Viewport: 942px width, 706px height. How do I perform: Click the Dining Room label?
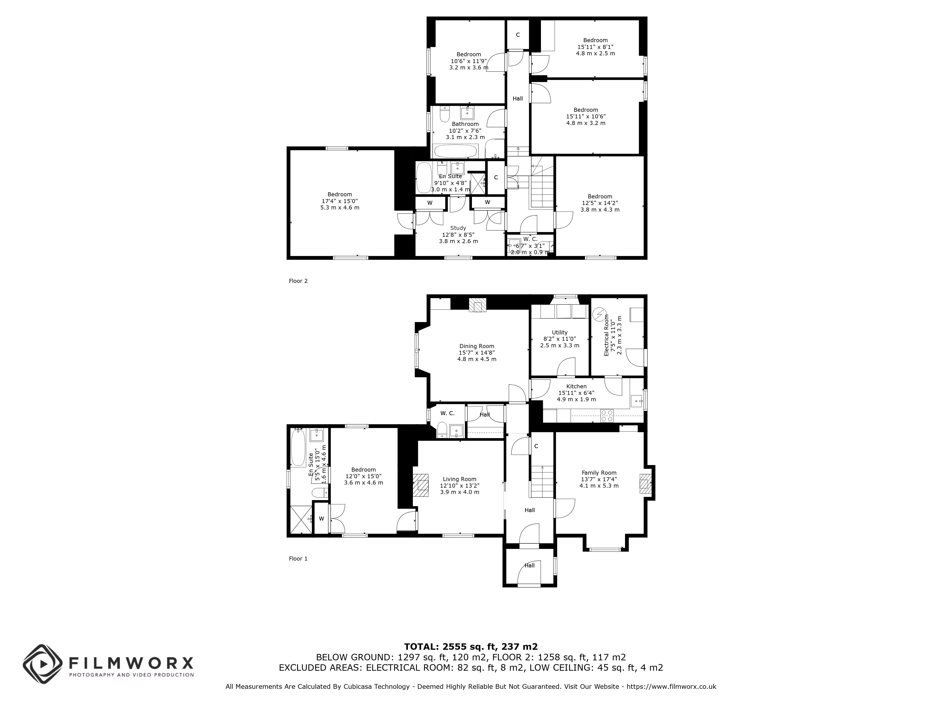click(x=477, y=346)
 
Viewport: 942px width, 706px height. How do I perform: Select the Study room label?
click(x=458, y=228)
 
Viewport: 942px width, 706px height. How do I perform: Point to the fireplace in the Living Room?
click(x=421, y=485)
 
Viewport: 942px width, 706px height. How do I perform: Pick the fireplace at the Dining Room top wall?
click(x=477, y=305)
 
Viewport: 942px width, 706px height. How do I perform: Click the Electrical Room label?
click(x=606, y=338)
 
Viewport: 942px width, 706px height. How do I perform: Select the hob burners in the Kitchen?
click(x=606, y=415)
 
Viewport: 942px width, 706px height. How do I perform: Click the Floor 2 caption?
click(x=298, y=281)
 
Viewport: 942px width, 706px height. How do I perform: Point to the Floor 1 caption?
click(x=298, y=559)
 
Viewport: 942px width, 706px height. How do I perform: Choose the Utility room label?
click(x=560, y=332)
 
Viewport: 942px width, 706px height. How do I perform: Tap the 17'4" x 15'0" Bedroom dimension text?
click(x=340, y=201)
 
